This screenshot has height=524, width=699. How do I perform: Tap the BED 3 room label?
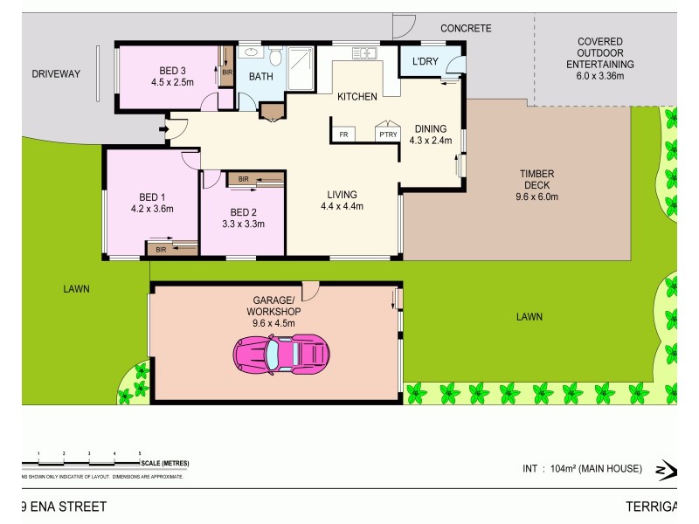coord(172,71)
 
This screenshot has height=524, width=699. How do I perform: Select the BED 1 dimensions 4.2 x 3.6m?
coord(152,209)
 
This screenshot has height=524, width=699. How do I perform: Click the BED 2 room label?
coord(243,212)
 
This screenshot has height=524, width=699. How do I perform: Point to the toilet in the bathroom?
coord(274,59)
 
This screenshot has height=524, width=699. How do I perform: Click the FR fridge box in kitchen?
coord(343,134)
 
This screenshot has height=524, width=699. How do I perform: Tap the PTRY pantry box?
coord(386,134)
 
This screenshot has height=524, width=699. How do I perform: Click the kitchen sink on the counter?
coord(365,54)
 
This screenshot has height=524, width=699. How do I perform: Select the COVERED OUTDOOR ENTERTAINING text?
coord(599,52)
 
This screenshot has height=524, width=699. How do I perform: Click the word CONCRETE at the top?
coord(466,29)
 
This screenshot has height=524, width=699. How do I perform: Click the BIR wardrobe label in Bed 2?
coord(243,179)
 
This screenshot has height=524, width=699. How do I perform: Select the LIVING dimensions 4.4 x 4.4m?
coord(341,206)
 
